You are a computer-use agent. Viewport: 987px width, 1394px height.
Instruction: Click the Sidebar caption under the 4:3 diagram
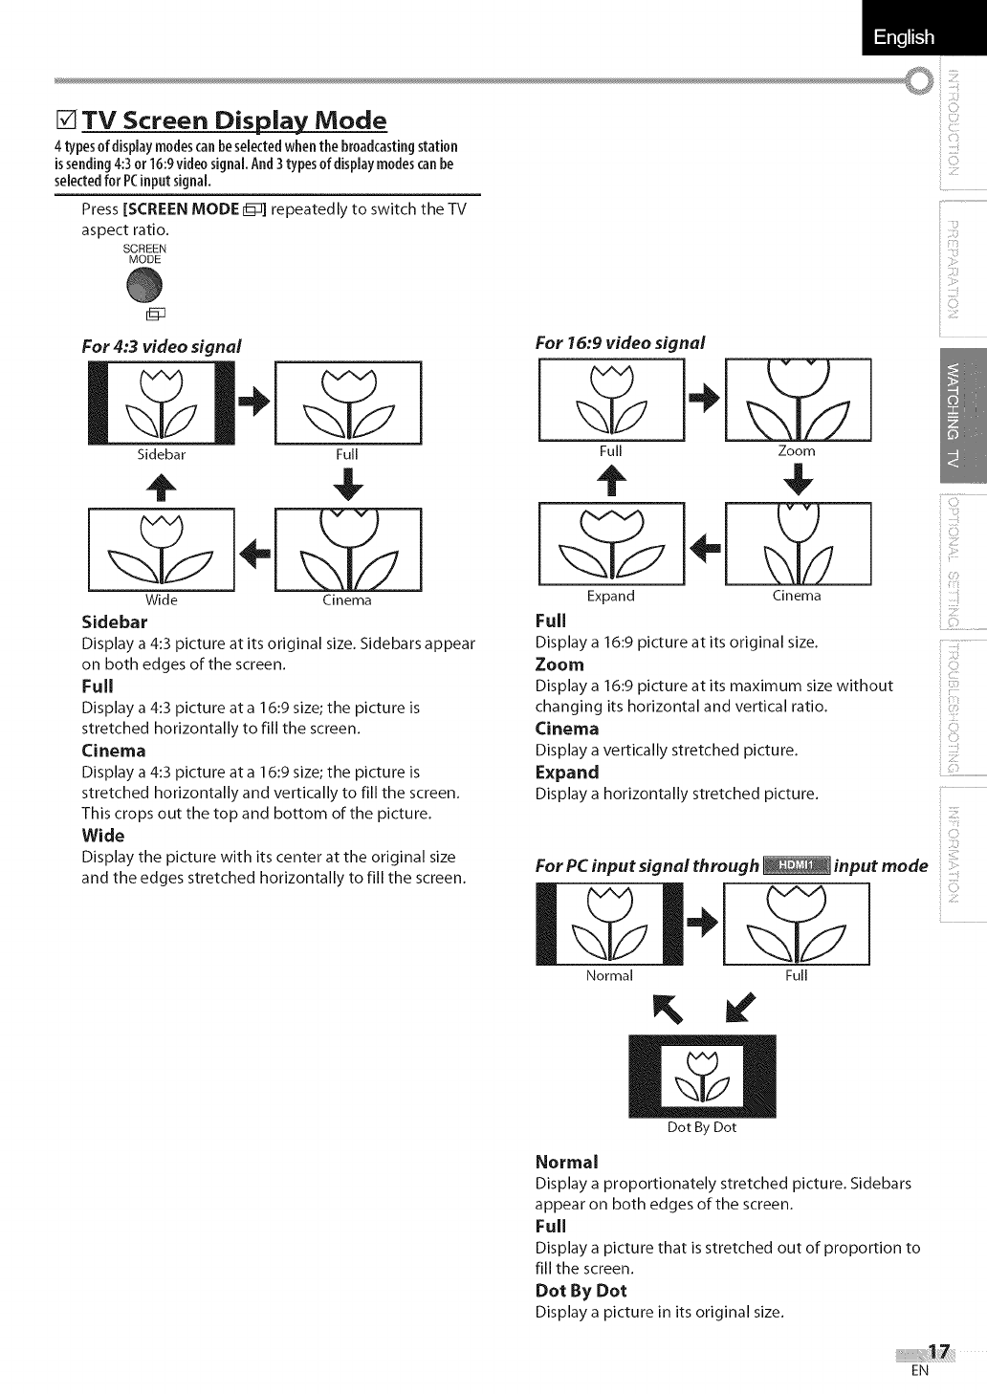coord(161,455)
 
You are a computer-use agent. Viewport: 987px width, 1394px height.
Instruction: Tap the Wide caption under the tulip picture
coord(161,600)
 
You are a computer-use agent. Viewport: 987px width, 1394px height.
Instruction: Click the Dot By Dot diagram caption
coord(701,1127)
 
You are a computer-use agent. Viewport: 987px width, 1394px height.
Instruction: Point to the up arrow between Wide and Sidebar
coord(161,485)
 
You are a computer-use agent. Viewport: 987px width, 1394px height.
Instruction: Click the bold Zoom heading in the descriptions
coord(559,664)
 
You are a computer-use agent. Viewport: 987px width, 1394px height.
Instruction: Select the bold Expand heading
coord(567,773)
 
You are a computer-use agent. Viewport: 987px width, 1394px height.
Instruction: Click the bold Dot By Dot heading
coord(581,1291)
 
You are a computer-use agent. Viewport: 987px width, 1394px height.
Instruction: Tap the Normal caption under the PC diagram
coord(609,976)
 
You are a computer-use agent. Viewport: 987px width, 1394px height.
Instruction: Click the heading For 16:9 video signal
coord(620,342)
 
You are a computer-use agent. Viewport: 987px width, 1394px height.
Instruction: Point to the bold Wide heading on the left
coord(103,836)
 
